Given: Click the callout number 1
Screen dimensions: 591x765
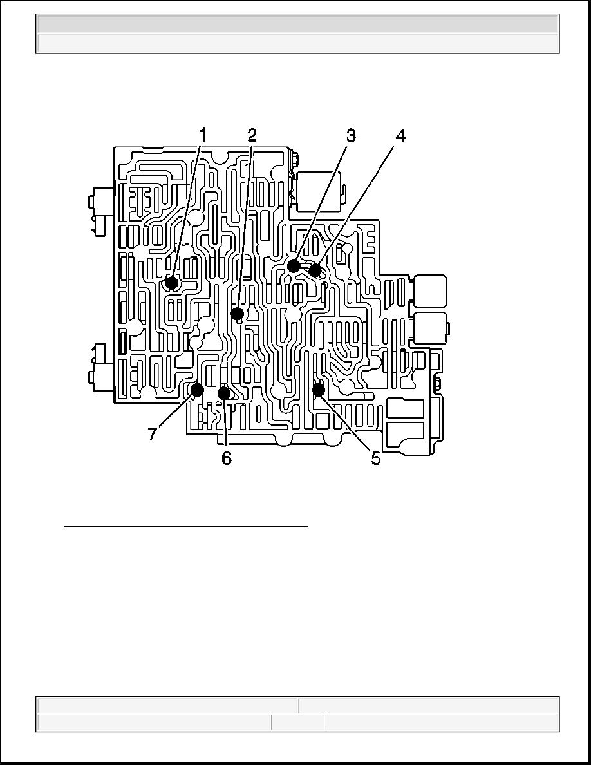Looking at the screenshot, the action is coord(202,135).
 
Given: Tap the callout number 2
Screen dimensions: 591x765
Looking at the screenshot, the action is coord(252,135).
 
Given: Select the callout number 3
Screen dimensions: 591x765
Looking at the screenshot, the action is coord(351,136).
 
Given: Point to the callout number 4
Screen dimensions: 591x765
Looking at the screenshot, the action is coord(400,136).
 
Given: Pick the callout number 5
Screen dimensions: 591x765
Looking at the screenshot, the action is coord(375,458).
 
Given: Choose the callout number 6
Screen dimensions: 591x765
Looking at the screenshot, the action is coord(227,458).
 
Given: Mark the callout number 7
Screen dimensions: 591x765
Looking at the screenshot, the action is coord(153,433).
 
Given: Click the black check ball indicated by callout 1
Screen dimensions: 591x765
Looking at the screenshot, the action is coord(171,283).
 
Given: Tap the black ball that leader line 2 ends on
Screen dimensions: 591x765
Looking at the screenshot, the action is coord(238,313).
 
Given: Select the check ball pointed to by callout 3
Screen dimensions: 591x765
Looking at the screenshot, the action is coord(294,266).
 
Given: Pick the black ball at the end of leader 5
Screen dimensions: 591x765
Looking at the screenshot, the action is coord(319,390).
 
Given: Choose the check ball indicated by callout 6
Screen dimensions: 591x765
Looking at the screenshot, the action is coord(224,392).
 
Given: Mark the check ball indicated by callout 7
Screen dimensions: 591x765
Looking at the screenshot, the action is coord(197,390).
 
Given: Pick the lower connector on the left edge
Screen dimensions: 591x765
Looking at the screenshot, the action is coord(100,368).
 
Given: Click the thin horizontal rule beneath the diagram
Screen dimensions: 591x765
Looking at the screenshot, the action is coord(186,527).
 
